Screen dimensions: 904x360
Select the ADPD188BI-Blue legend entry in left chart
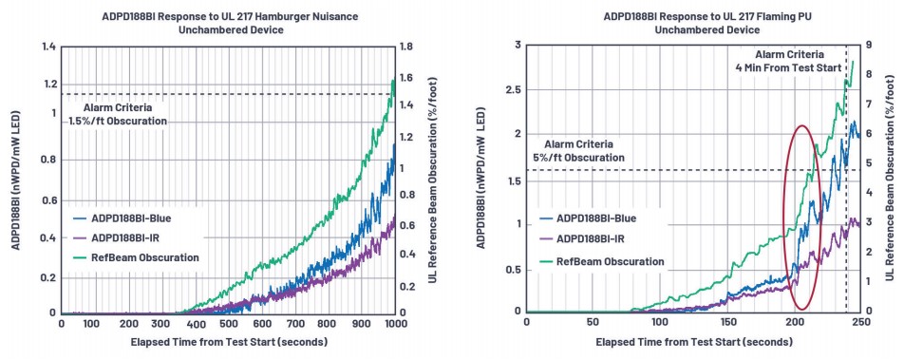(x=122, y=218)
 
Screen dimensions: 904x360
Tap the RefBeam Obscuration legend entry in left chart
(x=136, y=257)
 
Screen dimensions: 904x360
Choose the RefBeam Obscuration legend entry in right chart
(x=601, y=261)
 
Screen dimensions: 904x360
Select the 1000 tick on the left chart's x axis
(x=395, y=324)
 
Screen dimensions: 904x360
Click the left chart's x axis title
(x=229, y=342)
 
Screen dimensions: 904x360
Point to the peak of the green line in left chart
(x=393, y=80)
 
